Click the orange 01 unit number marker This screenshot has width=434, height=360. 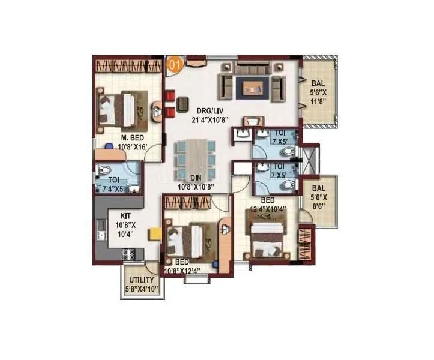[173, 64]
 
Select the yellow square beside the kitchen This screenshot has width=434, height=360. [154, 232]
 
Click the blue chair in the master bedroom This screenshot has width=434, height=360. [108, 145]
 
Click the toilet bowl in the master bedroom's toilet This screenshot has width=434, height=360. [103, 169]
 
